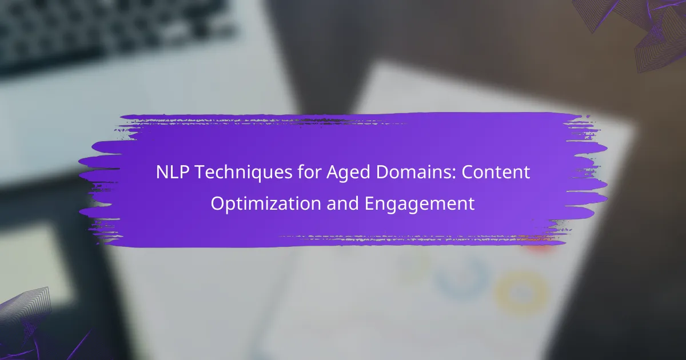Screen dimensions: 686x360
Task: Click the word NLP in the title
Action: pyautogui.click(x=173, y=172)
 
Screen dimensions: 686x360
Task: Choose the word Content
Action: pyautogui.click(x=496, y=173)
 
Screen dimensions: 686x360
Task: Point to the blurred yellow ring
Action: pyautogui.click(x=521, y=293)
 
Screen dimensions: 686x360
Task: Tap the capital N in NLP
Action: pyautogui.click(x=162, y=172)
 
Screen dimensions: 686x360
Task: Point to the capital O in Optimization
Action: pyautogui.click(x=217, y=203)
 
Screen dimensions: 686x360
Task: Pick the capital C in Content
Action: pyautogui.click(x=468, y=173)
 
